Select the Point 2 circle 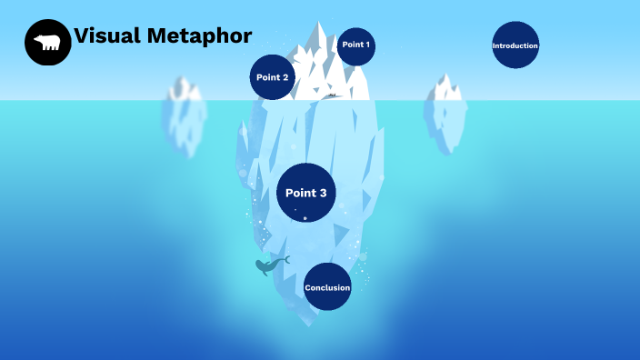pos(273,77)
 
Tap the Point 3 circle pos(306,193)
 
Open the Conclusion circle pos(327,287)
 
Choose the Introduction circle pos(515,45)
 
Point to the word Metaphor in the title pos(199,36)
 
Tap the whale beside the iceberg pos(268,265)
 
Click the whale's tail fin pos(285,260)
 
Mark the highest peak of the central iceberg pos(319,25)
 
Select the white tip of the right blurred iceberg pos(445,87)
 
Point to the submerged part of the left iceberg pos(185,127)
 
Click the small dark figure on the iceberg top pos(333,95)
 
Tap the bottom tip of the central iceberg pos(314,323)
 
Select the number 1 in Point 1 pos(367,45)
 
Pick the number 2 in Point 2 pos(285,77)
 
